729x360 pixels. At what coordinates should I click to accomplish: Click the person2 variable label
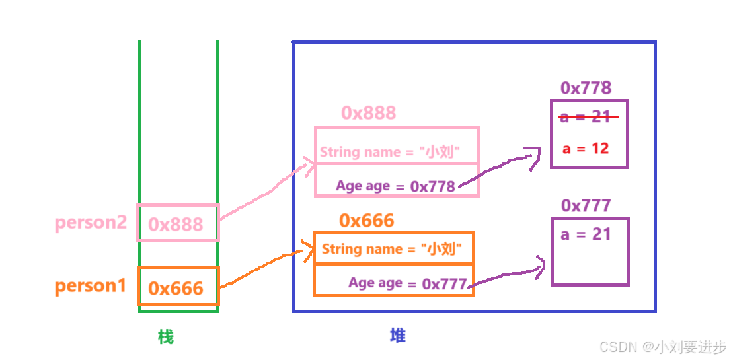tap(91, 223)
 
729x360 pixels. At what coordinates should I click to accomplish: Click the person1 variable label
tap(90, 286)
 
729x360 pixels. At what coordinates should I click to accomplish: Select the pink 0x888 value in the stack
tap(176, 225)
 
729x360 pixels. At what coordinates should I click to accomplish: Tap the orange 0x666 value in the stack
tap(176, 288)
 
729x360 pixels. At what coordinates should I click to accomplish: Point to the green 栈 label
tap(165, 338)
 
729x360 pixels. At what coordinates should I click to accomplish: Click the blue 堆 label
tap(397, 336)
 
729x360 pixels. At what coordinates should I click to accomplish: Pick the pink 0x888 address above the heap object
tap(368, 113)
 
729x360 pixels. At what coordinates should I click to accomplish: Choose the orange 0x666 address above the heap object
tap(366, 221)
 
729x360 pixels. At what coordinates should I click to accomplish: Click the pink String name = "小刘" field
tap(389, 152)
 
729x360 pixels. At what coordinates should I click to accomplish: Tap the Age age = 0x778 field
tap(395, 186)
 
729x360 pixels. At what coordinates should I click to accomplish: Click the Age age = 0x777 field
tap(408, 283)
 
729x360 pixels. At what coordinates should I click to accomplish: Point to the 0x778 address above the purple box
tap(586, 88)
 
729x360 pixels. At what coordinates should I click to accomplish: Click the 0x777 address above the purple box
tap(586, 205)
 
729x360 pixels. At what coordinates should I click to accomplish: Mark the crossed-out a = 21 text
tap(586, 117)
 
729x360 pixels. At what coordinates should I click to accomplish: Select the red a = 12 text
tap(586, 149)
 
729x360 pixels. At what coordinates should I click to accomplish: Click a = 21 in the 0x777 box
tap(586, 234)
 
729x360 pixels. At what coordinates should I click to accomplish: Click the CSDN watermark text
tap(662, 347)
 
